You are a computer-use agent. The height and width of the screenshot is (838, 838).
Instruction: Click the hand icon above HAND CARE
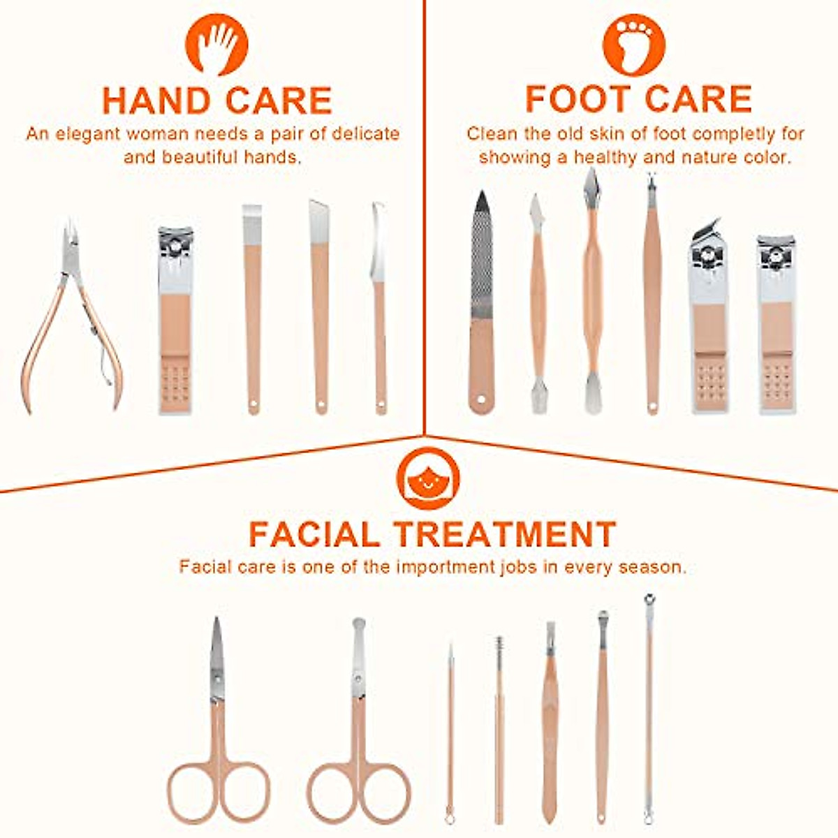tap(216, 43)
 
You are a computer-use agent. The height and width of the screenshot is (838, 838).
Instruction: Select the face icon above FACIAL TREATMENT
tap(427, 479)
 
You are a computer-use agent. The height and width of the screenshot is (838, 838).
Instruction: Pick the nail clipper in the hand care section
tap(175, 321)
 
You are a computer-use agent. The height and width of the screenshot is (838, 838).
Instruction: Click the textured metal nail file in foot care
tap(481, 300)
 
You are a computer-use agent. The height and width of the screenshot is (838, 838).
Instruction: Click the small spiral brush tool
tap(499, 726)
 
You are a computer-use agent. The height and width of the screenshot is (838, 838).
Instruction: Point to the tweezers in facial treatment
tap(550, 719)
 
